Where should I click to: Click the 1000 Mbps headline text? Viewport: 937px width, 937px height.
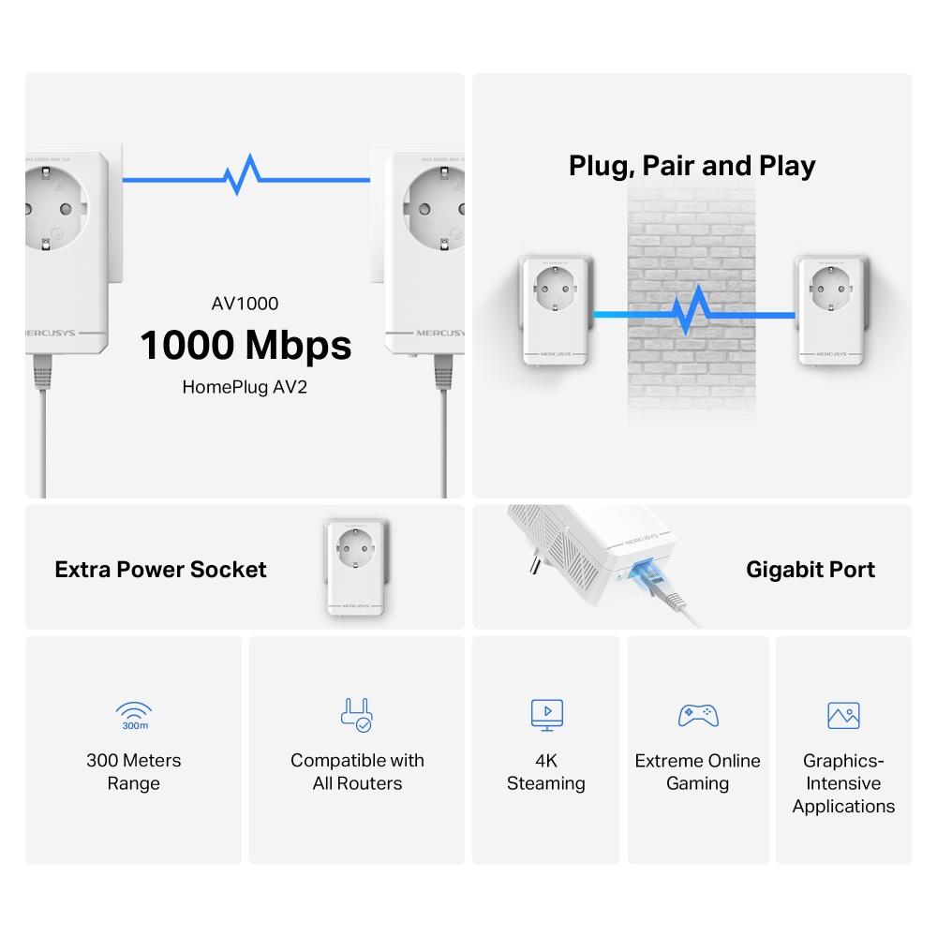pyautogui.click(x=245, y=345)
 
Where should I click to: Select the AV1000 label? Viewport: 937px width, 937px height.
pyautogui.click(x=245, y=303)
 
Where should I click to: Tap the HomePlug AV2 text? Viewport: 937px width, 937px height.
pyautogui.click(x=245, y=386)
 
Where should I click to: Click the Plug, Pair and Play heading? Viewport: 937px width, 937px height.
pyautogui.click(x=692, y=166)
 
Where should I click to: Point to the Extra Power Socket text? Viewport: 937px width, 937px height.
pyautogui.click(x=160, y=570)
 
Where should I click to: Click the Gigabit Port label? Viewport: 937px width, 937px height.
pyautogui.click(x=811, y=570)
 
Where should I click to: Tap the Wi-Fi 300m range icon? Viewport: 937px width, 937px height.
pyautogui.click(x=133, y=715)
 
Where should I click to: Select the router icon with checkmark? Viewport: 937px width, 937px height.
pyautogui.click(x=356, y=715)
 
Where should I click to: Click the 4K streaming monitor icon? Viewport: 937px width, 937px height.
pyautogui.click(x=546, y=715)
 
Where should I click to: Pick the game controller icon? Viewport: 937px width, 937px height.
pyautogui.click(x=697, y=715)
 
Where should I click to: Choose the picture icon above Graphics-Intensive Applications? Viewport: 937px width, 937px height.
pyautogui.click(x=843, y=715)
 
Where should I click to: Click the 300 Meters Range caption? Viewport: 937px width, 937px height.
pyautogui.click(x=133, y=771)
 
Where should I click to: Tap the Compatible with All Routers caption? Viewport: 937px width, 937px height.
pyautogui.click(x=357, y=771)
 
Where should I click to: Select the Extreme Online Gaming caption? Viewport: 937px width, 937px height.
pyautogui.click(x=697, y=771)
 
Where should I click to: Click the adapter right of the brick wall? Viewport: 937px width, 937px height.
pyautogui.click(x=828, y=309)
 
